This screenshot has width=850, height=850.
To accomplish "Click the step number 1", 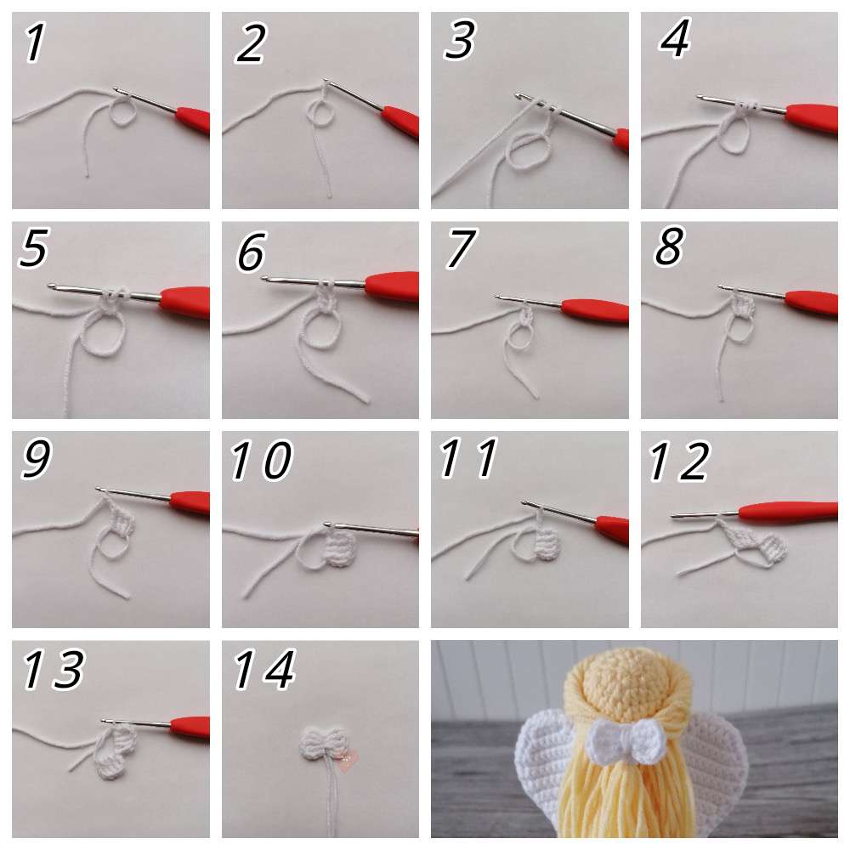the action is click(x=35, y=42).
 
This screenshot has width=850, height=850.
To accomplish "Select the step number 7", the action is click(x=460, y=249).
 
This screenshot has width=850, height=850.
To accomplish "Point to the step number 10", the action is click(x=262, y=460).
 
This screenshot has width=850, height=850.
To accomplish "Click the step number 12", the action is click(x=678, y=462).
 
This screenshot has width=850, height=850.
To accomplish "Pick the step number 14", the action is click(x=264, y=670).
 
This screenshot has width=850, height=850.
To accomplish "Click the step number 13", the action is click(x=54, y=669).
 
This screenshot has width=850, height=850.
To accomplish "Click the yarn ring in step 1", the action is click(x=123, y=112).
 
